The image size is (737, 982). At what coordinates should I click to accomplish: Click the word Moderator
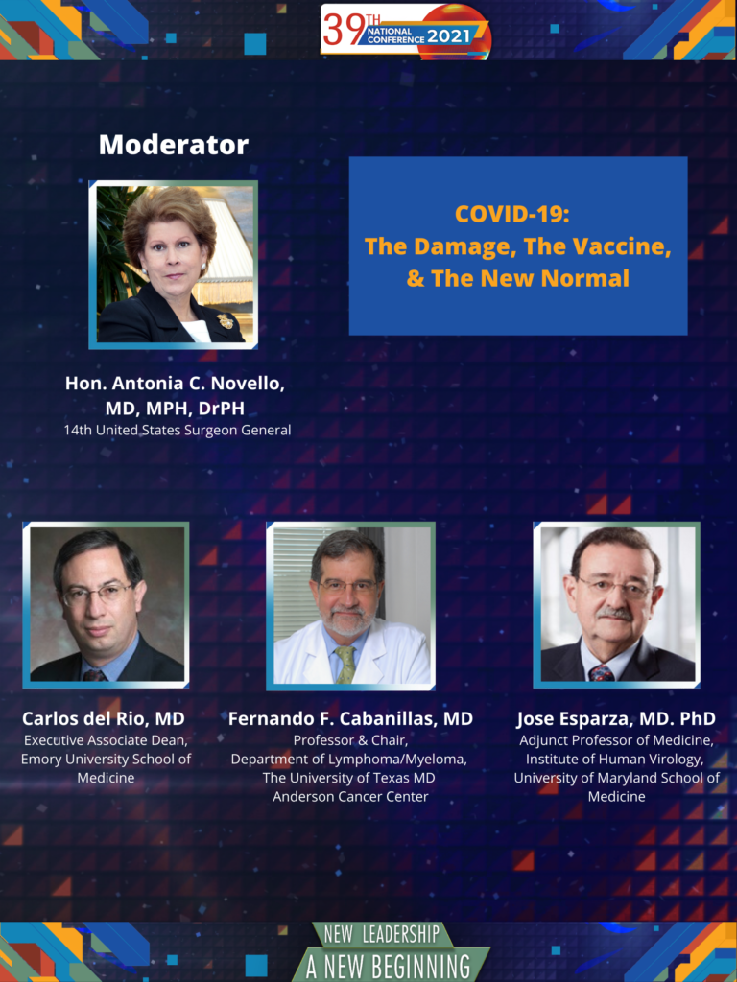pyautogui.click(x=174, y=145)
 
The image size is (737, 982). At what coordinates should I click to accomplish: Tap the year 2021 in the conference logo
pyautogui.click(x=449, y=35)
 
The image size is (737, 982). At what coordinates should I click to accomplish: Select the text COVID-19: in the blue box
pyautogui.click(x=512, y=214)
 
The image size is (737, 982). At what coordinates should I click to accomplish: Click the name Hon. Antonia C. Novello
pyautogui.click(x=175, y=384)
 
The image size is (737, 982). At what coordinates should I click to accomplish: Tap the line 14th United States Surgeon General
pyautogui.click(x=178, y=431)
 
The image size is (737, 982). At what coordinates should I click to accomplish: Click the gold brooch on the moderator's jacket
pyautogui.click(x=226, y=320)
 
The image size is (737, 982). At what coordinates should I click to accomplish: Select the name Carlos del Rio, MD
pyautogui.click(x=104, y=718)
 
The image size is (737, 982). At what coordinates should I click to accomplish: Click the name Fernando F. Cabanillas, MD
pyautogui.click(x=350, y=718)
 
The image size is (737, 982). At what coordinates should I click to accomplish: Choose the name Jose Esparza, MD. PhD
pyautogui.click(x=616, y=718)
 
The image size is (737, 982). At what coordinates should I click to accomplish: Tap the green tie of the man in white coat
pyautogui.click(x=345, y=664)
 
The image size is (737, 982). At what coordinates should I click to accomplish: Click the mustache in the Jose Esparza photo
pyautogui.click(x=615, y=614)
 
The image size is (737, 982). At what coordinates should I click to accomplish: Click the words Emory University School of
pyautogui.click(x=106, y=760)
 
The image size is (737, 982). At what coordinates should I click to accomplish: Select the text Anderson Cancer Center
pyautogui.click(x=350, y=797)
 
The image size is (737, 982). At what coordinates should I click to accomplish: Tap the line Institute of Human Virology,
pyautogui.click(x=616, y=760)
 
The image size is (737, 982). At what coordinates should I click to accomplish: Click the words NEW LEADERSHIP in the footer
pyautogui.click(x=381, y=934)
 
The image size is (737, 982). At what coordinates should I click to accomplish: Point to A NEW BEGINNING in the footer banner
pyautogui.click(x=389, y=967)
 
